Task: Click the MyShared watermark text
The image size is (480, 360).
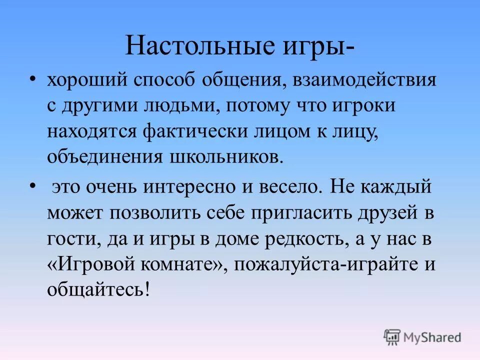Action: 432,337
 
